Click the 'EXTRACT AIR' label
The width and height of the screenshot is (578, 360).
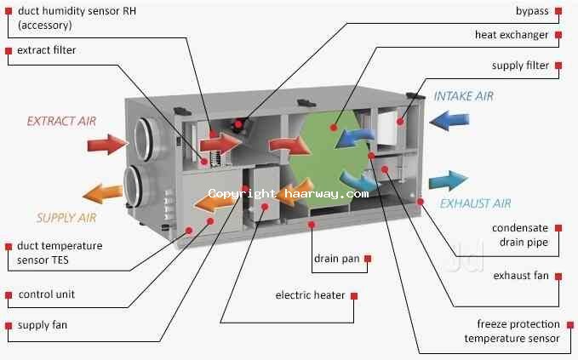click(61, 121)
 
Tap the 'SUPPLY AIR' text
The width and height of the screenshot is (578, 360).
click(66, 218)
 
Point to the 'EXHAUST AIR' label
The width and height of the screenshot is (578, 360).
click(475, 203)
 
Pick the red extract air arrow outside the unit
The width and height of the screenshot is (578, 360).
click(106, 143)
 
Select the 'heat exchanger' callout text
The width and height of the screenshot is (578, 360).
click(511, 35)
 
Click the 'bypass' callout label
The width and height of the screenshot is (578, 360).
click(532, 11)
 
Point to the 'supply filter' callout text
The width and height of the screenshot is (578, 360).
click(520, 66)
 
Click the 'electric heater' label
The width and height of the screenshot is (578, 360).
click(310, 295)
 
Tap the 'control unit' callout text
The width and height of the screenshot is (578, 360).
click(47, 294)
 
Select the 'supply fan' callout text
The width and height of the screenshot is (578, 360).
click(43, 324)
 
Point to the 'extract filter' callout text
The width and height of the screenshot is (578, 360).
click(47, 50)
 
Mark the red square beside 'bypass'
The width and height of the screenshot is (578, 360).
click(558, 11)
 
